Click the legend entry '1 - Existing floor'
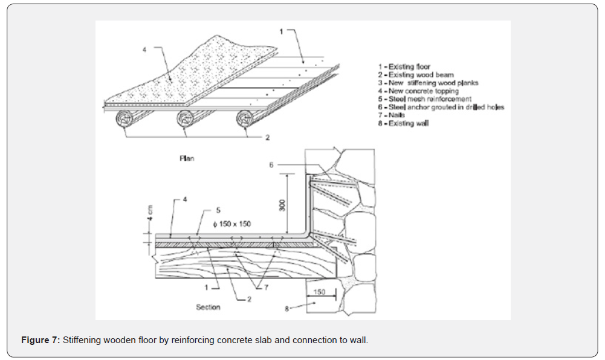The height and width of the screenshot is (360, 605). (x=404, y=66)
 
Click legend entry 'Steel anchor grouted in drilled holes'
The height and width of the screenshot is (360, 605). (x=441, y=108)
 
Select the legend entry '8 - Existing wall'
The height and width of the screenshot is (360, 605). (x=403, y=124)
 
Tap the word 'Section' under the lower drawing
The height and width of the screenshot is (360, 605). (x=208, y=307)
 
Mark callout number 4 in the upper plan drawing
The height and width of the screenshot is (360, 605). (x=144, y=50)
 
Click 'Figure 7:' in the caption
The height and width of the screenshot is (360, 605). (x=40, y=340)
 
